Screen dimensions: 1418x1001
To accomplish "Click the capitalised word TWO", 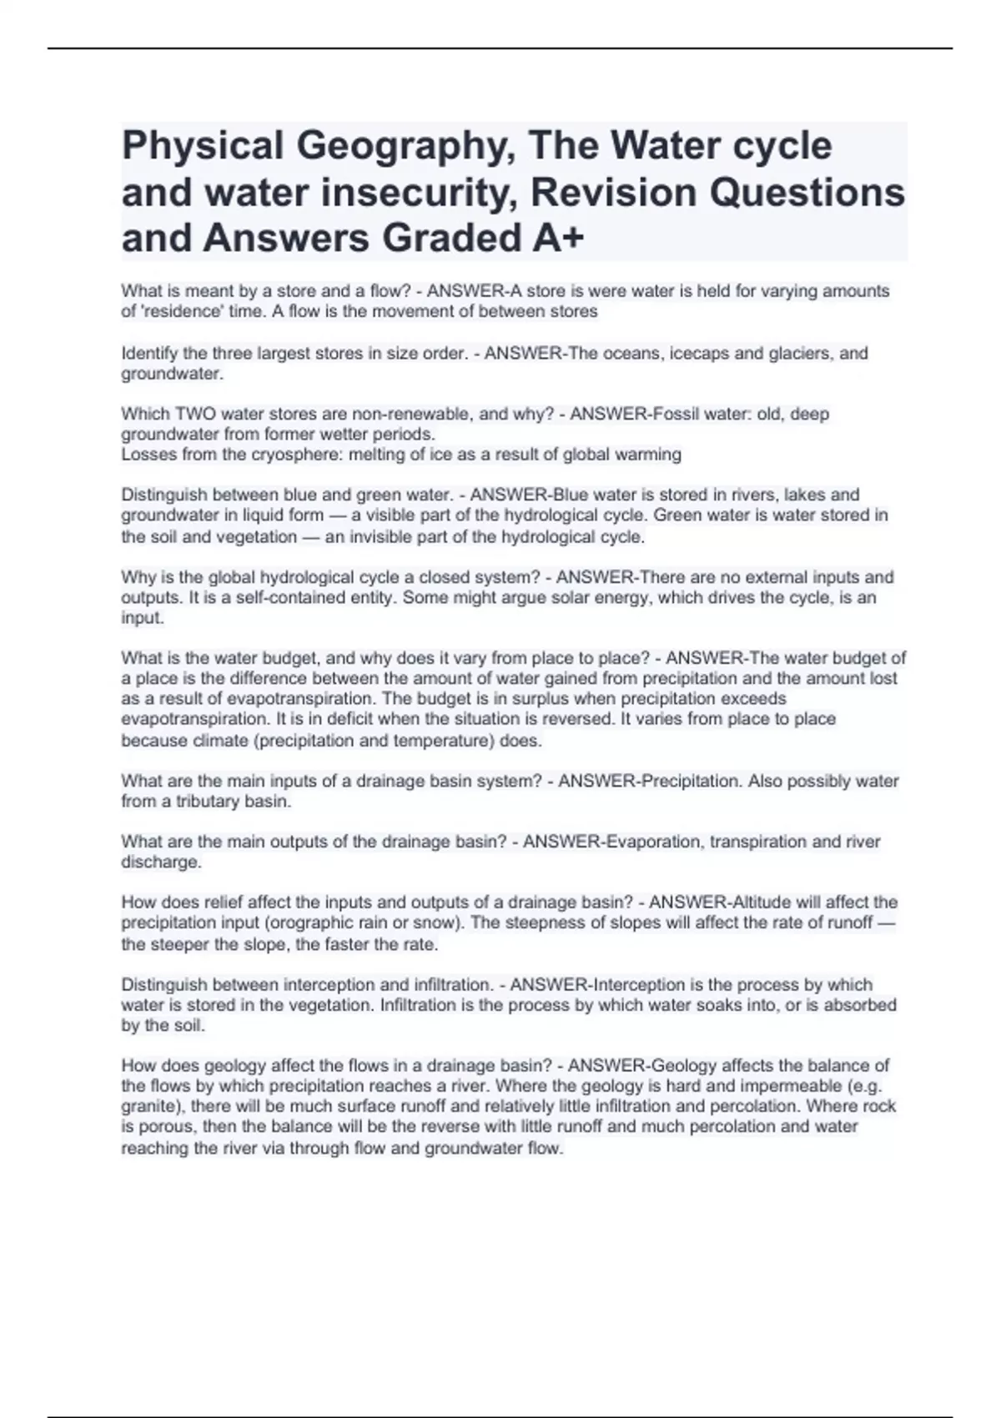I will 194,414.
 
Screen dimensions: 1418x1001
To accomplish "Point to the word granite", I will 154,1107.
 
